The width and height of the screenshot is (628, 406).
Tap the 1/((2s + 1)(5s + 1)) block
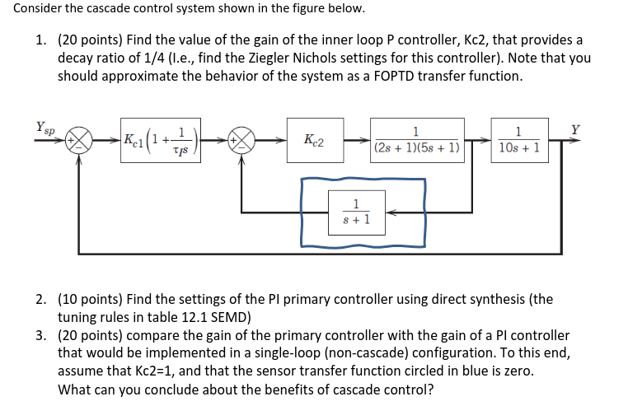click(x=418, y=141)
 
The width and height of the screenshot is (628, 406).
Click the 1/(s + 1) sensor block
click(x=355, y=212)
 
